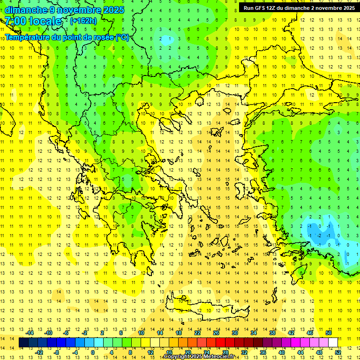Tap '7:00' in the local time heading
coord(15,21)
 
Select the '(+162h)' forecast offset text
coord(83,21)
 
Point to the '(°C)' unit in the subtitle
coord(122,37)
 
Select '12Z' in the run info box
coord(270,8)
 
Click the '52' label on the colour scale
coord(338,352)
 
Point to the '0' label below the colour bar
coord(93,352)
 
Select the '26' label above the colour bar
coord(216,333)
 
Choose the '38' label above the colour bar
coord(272,333)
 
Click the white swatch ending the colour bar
coord(333,343)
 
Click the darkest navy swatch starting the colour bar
coord(24,343)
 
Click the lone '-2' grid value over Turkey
coord(319,235)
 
